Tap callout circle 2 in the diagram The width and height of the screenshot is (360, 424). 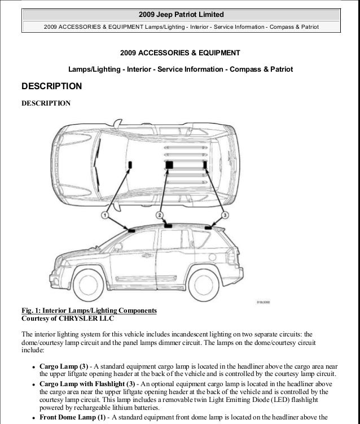click(x=160, y=216)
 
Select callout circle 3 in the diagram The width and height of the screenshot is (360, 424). click(x=225, y=216)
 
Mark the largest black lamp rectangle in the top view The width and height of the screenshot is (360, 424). click(x=169, y=164)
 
